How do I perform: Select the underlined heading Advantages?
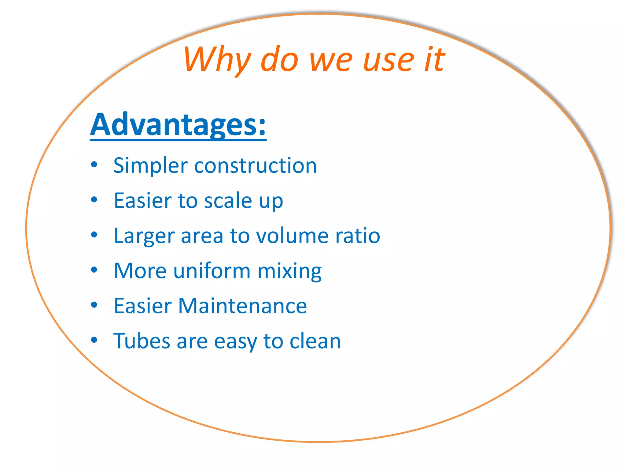click(178, 125)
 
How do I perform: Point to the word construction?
click(256, 166)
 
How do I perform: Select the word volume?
click(292, 236)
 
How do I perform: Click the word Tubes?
click(142, 341)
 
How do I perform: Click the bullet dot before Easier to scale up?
click(94, 200)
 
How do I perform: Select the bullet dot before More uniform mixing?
click(94, 270)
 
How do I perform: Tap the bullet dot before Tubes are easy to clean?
click(94, 340)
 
